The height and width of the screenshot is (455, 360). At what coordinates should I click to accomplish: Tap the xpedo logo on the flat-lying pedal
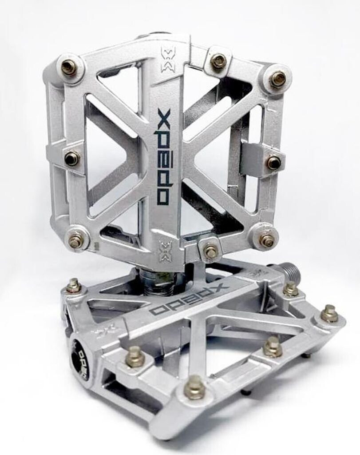(x=189, y=298)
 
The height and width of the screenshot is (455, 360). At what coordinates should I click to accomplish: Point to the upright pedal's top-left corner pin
(x=69, y=67)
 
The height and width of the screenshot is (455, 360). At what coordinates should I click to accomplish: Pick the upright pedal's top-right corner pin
(x=278, y=79)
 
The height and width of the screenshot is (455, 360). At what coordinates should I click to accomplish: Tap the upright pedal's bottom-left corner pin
(x=75, y=241)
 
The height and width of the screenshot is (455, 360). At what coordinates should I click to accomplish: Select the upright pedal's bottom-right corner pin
(x=267, y=240)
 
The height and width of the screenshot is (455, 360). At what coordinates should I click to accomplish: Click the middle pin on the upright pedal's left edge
(x=71, y=158)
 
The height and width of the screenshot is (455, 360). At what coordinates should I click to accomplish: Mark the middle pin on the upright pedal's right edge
(x=274, y=162)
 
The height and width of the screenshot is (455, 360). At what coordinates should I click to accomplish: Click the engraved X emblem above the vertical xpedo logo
(x=167, y=60)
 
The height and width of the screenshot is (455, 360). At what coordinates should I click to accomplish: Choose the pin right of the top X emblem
(x=218, y=61)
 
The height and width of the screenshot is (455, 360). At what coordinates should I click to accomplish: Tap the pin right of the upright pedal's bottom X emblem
(x=210, y=251)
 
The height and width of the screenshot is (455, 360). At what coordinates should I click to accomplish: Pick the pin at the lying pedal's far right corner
(x=329, y=313)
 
